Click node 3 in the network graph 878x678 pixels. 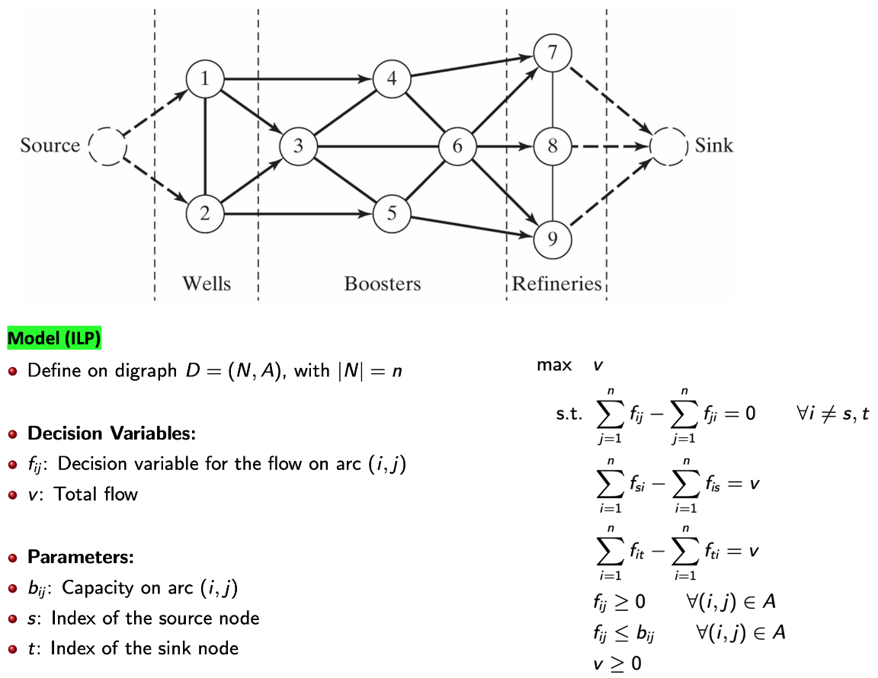tap(298, 146)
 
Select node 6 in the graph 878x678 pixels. tap(457, 146)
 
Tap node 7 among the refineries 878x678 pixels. tap(552, 53)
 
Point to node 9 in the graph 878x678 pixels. tap(552, 238)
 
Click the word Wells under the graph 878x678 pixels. tap(206, 284)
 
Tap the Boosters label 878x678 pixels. tap(382, 284)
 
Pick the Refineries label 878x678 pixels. tap(556, 284)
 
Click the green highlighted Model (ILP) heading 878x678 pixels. tap(54, 337)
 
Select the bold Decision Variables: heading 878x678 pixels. tap(112, 433)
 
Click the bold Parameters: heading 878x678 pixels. tap(81, 557)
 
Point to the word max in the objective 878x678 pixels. tap(554, 365)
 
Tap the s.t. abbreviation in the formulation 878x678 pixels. tap(570, 415)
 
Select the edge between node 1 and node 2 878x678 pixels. tap(205, 146)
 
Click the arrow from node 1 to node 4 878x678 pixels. tap(297, 78)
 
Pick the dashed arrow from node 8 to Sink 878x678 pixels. tap(610, 146)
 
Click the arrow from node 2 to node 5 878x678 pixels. tap(297, 214)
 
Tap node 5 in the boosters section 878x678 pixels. tap(392, 213)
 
